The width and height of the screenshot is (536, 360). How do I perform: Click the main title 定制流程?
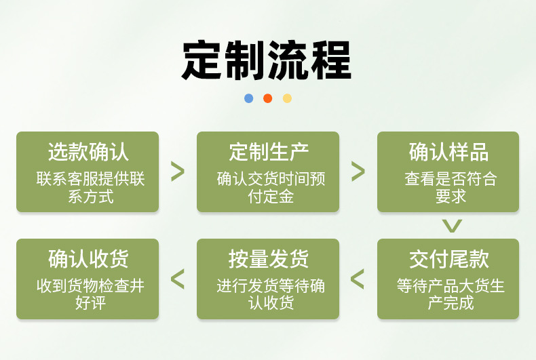tap(267, 60)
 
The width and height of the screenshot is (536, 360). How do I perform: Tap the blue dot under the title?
tap(248, 98)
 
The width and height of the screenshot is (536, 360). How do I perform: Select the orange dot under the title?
tap(267, 98)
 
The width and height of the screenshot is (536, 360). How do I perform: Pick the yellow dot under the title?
tap(287, 98)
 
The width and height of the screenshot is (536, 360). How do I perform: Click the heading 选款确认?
tap(88, 152)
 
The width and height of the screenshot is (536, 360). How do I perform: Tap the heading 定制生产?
tap(268, 152)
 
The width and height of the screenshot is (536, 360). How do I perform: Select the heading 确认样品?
tap(448, 152)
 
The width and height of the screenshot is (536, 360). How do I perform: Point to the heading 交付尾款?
tap(448, 259)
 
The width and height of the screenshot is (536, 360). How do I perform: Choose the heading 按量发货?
tap(268, 259)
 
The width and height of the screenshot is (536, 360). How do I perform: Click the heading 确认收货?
tap(88, 259)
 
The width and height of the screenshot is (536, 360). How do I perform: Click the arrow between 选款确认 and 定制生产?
tap(178, 172)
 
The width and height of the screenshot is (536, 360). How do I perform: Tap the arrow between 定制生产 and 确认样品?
tap(358, 172)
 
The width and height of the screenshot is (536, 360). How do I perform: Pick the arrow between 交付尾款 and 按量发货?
tap(358, 278)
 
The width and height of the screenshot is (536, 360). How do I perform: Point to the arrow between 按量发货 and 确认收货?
tap(178, 278)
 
